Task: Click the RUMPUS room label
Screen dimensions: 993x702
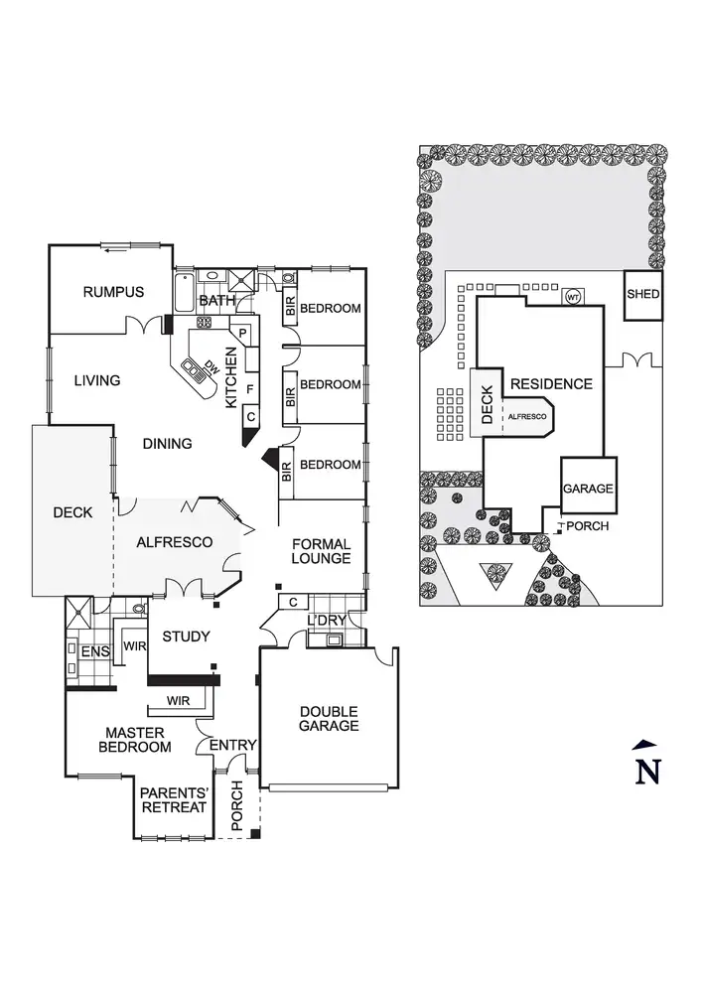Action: pyautogui.click(x=113, y=292)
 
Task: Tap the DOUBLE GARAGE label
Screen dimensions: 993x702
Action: pyautogui.click(x=329, y=718)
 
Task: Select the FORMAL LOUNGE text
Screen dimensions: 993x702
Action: pyautogui.click(x=321, y=551)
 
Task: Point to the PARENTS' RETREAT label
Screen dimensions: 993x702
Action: pyautogui.click(x=173, y=799)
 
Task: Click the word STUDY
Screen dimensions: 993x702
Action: pyautogui.click(x=184, y=638)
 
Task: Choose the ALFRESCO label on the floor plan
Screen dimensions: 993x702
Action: pyautogui.click(x=175, y=542)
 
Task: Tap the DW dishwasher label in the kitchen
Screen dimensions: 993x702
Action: pyautogui.click(x=211, y=365)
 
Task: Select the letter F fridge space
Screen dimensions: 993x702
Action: pyautogui.click(x=250, y=387)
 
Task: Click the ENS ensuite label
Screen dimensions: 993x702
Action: pyautogui.click(x=94, y=651)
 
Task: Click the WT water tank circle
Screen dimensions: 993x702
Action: pyautogui.click(x=573, y=297)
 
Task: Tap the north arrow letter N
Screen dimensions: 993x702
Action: pyautogui.click(x=647, y=770)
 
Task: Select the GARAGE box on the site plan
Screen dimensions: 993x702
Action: pyautogui.click(x=589, y=489)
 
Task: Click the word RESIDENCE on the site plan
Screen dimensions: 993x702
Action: pyautogui.click(x=552, y=384)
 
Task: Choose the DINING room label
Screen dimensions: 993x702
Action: pyautogui.click(x=167, y=444)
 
